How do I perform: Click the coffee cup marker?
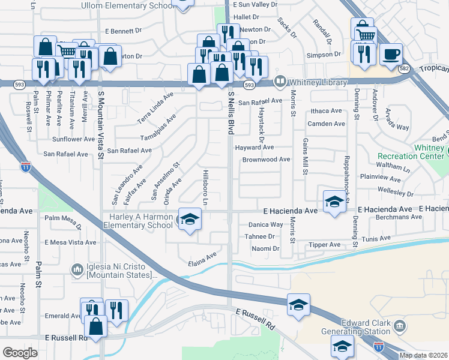pos(391,54)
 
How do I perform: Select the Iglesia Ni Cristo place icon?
pos(77,270)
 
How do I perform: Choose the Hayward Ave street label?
pos(255,147)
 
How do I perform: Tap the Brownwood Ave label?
pos(266,160)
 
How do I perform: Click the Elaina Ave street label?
pos(202,259)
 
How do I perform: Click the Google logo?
pos(20,353)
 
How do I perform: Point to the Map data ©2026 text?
pos(424,355)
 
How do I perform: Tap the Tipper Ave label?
pos(324,245)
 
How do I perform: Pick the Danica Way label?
pos(265,224)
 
